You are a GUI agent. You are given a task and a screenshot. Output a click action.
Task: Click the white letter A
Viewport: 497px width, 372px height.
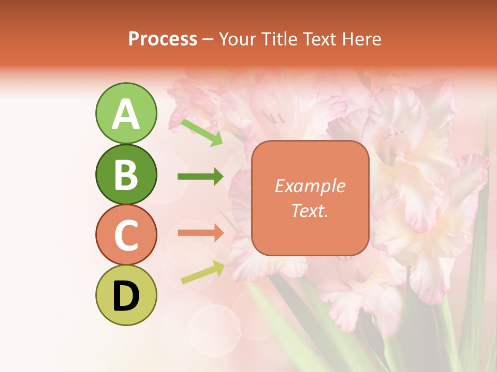tap(126, 114)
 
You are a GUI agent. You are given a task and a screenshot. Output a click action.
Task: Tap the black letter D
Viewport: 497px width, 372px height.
tap(126, 296)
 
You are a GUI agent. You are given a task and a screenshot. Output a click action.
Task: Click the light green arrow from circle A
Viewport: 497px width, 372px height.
tap(202, 132)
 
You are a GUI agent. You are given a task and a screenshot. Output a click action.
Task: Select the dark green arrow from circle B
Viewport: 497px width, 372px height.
tap(200, 177)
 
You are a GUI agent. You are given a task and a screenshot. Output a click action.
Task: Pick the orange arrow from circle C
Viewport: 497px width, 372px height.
tap(200, 233)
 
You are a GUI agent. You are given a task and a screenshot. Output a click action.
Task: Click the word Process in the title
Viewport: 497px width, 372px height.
tap(163, 39)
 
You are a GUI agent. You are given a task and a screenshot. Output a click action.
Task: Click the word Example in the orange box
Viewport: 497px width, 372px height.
tap(310, 186)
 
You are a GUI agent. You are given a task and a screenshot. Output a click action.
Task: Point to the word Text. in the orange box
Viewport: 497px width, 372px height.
tap(310, 210)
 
